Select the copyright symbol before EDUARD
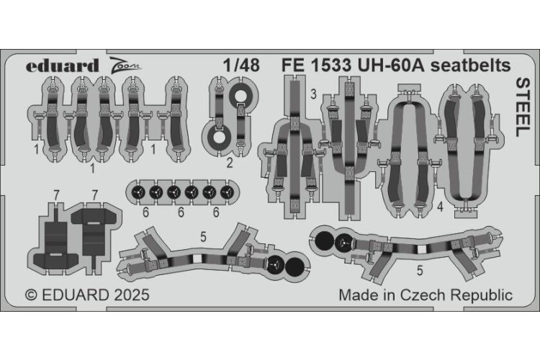pos(31,295)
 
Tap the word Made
pos(357,295)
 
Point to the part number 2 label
pos(229,163)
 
